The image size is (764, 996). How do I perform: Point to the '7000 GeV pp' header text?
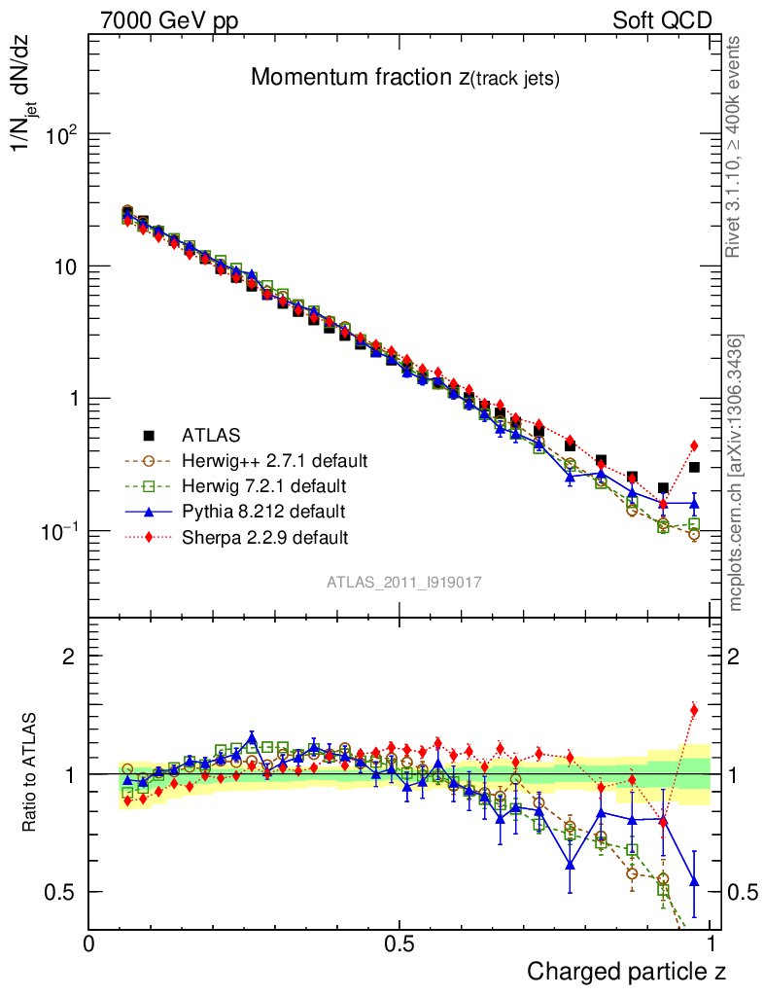(169, 20)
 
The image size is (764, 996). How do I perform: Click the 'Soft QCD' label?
(661, 20)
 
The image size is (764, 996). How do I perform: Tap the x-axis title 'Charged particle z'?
(626, 971)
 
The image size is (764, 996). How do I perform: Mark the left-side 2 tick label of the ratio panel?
(69, 657)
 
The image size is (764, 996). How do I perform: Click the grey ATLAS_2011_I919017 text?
(404, 582)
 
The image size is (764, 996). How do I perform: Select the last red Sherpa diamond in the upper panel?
(694, 445)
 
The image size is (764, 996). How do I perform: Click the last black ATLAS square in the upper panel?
(694, 467)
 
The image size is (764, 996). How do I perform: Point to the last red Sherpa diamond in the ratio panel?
(694, 710)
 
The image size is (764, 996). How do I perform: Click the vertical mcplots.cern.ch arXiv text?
(736, 473)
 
